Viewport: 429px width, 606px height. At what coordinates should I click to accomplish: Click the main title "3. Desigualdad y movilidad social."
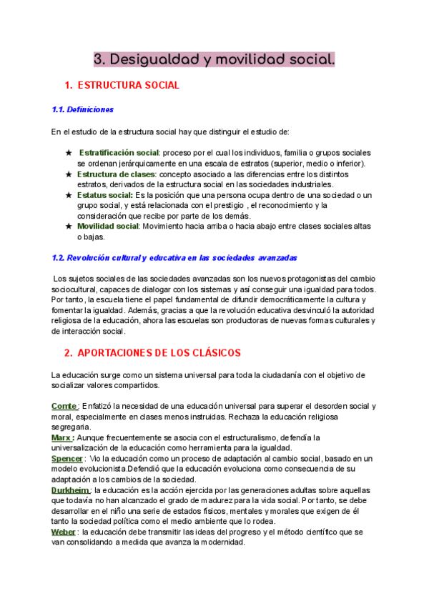(214, 60)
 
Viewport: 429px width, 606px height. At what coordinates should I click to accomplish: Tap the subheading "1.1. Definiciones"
(83, 110)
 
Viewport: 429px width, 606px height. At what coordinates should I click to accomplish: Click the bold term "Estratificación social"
(119, 153)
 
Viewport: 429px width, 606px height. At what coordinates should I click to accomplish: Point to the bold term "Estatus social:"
(105, 195)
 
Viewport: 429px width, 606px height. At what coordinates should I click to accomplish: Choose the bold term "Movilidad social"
(108, 227)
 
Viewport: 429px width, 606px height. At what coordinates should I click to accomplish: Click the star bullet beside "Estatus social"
(69, 195)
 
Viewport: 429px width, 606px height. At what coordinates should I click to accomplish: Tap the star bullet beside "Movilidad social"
(69, 227)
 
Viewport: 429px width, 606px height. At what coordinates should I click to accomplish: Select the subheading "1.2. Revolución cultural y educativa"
(174, 257)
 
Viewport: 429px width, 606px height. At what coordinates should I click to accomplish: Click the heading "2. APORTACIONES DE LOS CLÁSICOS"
(152, 353)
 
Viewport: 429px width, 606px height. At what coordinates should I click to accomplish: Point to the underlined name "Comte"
(64, 406)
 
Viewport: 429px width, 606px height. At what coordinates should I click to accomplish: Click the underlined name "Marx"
(61, 437)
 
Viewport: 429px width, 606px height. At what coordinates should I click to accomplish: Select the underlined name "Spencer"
(67, 458)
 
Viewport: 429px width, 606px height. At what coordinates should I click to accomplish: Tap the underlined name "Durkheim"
(69, 490)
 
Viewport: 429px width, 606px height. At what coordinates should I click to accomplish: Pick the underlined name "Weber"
(63, 532)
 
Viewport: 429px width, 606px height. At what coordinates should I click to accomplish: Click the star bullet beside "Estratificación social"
(69, 153)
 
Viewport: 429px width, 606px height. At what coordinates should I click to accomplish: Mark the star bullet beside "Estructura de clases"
(69, 174)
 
